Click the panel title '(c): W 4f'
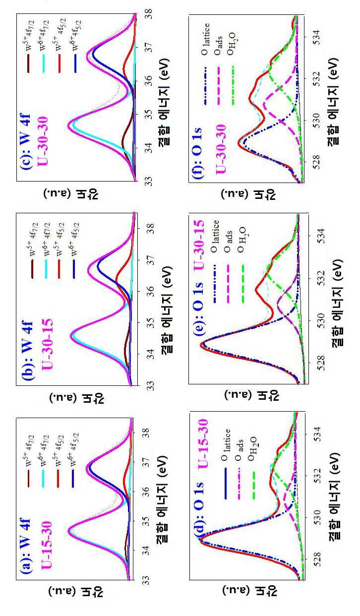24,141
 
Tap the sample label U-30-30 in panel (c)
43,141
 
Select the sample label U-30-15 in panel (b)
47,344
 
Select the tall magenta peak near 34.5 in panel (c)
68,126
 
